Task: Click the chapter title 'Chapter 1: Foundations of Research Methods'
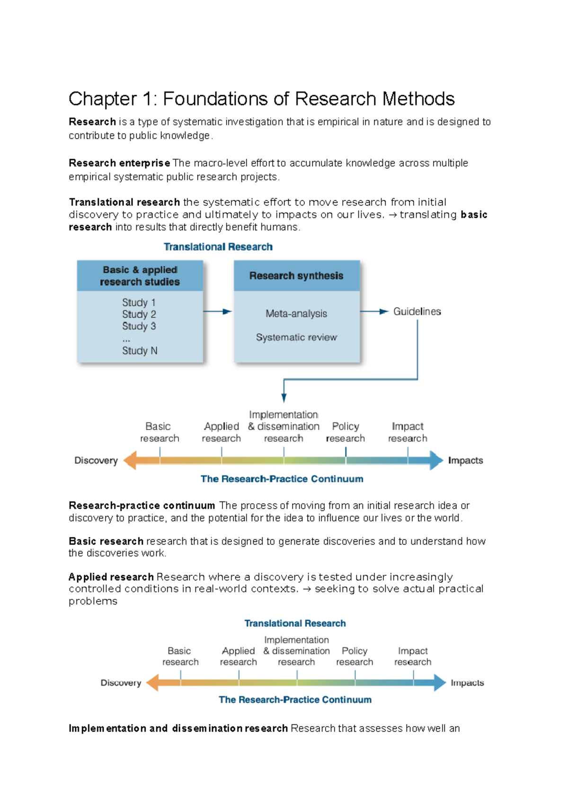pos(261,99)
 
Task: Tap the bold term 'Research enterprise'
pos(119,163)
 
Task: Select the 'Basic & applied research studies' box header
pos(140,276)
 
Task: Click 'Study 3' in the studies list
pos(139,326)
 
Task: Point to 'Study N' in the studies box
pos(140,351)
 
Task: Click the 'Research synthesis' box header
pos(296,276)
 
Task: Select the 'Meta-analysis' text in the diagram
pos(296,313)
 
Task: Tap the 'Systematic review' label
pos(296,338)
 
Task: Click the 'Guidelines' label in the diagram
pos(417,312)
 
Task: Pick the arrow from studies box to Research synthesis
pos(218,312)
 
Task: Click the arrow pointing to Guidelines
pos(375,312)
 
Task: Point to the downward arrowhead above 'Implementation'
pos(284,397)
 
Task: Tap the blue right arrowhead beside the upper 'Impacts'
pos(436,460)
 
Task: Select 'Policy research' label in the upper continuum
pos(346,432)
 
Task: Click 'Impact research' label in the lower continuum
pos(413,656)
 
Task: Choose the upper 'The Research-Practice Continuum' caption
pos(282,479)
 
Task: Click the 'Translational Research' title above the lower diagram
pos(295,624)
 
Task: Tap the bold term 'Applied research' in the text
pos(111,577)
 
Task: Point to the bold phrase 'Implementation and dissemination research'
pos(178,728)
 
